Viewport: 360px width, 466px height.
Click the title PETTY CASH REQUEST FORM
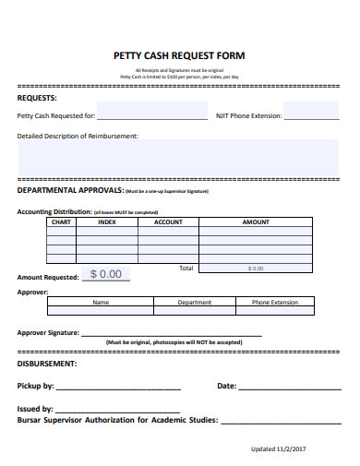coord(179,56)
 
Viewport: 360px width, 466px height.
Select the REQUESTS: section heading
coord(37,97)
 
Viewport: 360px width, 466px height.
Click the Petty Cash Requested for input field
coord(152,116)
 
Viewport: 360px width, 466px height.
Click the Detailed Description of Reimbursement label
coord(78,136)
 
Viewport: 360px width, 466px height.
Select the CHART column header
coord(61,222)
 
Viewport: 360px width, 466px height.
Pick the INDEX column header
coord(107,222)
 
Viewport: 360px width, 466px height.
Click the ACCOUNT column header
coord(168,222)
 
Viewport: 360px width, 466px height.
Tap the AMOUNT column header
coord(256,222)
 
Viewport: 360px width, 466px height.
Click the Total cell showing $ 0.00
coord(256,268)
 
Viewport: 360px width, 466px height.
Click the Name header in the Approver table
coord(101,302)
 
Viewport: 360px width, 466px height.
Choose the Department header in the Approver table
coord(195,302)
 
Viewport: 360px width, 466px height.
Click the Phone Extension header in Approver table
coord(275,302)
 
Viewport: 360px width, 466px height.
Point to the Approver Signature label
coord(48,333)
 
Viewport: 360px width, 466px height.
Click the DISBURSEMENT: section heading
coord(46,364)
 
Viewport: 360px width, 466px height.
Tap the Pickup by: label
coord(36,387)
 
